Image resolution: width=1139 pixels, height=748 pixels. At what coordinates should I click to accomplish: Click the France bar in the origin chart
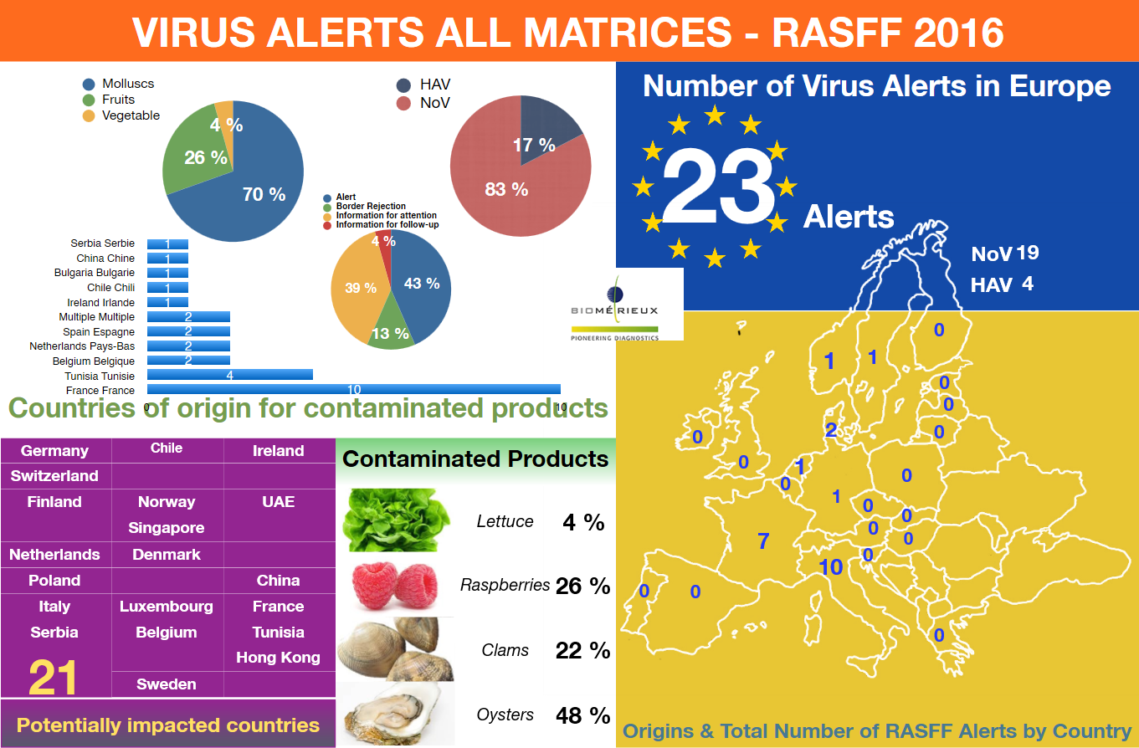coord(353,389)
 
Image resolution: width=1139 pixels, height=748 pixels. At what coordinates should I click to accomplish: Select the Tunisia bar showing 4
coord(229,375)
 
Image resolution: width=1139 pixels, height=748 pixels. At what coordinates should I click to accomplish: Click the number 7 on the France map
coord(762,541)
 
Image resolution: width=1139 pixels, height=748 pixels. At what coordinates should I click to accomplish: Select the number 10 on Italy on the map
coord(830,567)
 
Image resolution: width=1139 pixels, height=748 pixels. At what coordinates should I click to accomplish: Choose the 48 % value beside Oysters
coord(582,715)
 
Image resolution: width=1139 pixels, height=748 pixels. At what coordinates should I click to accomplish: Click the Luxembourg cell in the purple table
coord(167,607)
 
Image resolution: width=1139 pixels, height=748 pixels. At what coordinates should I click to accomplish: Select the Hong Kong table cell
coord(278,658)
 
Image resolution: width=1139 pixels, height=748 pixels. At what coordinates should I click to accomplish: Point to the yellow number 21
coord(53,678)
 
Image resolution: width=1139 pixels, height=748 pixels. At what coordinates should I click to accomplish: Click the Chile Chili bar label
coord(110,287)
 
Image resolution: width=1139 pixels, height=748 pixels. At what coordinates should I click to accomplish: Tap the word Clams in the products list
coord(505,650)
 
